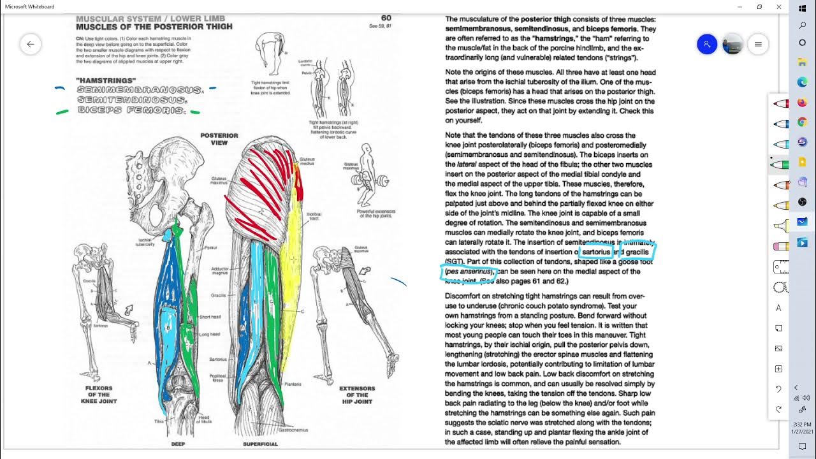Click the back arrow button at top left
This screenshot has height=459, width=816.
[30, 44]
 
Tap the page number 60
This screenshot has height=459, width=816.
[386, 18]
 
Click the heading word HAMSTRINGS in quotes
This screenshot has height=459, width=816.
[106, 81]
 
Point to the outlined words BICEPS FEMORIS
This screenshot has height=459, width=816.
[131, 110]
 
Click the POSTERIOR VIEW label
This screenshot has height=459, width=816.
[219, 139]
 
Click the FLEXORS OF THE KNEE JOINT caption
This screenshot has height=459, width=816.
[99, 395]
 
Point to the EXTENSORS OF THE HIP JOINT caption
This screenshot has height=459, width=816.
[356, 395]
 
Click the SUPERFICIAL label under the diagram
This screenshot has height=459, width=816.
[260, 444]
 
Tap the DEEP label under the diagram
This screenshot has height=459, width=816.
[178, 444]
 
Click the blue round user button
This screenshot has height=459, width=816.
[707, 44]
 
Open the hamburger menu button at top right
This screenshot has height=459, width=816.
[758, 44]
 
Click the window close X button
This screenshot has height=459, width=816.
[778, 7]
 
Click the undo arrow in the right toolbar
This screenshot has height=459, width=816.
[778, 389]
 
